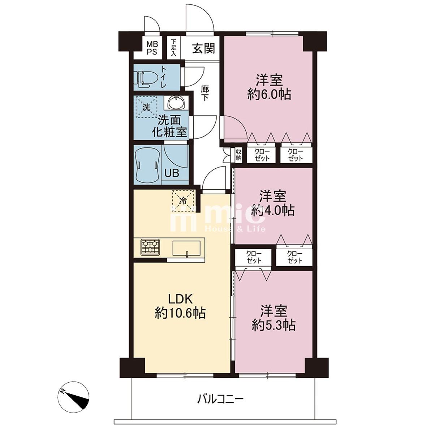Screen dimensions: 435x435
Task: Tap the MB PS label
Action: pos(152,48)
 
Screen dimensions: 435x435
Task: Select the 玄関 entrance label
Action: pos(203,48)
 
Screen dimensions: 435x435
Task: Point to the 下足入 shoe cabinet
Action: pos(173,48)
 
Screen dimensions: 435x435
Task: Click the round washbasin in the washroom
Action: pos(177,103)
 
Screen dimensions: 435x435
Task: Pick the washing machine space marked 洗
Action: pos(146,107)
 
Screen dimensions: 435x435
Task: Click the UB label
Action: pos(172,173)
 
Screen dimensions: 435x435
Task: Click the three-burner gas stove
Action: pos(150,247)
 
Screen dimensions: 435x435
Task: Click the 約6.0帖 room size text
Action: pos(269,94)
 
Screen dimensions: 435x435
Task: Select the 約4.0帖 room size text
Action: pos(273,210)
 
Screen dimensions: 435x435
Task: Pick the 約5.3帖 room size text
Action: pos(274,325)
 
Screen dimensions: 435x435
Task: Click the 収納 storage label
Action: pos(238,155)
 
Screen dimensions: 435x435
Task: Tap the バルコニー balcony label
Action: pos(220,400)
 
